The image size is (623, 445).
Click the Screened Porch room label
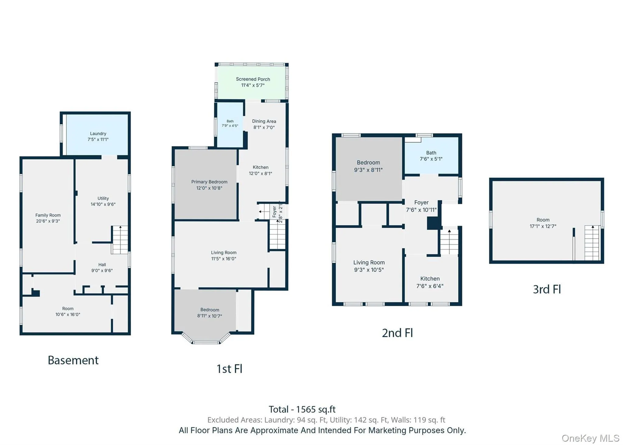click(x=253, y=79)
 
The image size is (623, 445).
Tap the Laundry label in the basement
click(x=98, y=134)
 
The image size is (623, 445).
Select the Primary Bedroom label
click(x=209, y=182)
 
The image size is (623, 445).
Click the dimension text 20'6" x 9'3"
click(x=48, y=221)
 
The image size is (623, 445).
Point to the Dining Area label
click(x=264, y=121)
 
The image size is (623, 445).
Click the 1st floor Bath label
click(x=230, y=121)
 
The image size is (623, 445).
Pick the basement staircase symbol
click(x=120, y=240)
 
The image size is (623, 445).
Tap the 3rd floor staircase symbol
click(x=592, y=243)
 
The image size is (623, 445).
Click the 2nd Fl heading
click(x=397, y=333)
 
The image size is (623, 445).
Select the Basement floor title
click(x=73, y=360)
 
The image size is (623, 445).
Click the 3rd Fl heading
click(x=547, y=289)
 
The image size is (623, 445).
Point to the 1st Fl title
click(x=229, y=369)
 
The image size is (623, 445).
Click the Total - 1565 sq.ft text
click(x=302, y=409)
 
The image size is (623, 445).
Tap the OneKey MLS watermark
click(x=590, y=438)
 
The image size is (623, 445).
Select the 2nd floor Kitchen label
click(x=430, y=279)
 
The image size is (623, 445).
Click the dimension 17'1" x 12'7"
click(x=543, y=226)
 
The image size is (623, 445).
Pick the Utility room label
click(x=103, y=198)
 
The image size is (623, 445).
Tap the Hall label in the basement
click(x=102, y=265)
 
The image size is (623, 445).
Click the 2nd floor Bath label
click(x=431, y=153)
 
